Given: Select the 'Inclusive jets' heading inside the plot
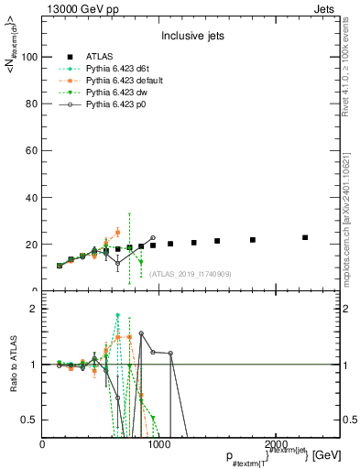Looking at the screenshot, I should coord(186,36).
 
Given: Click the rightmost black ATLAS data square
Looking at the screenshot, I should coord(305,237).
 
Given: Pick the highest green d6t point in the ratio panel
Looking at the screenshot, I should coord(118,316).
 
